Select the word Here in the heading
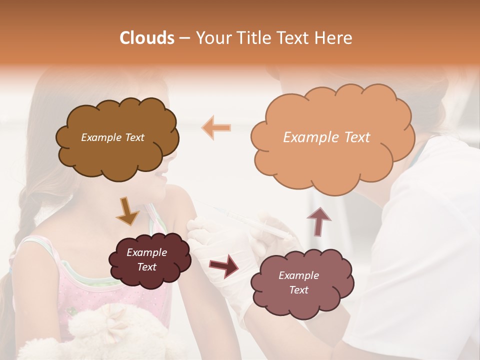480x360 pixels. coord(335,38)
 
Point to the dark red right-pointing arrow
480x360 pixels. coord(223,265)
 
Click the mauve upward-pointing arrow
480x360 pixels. coord(318,220)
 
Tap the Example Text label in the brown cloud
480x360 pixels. coord(112,137)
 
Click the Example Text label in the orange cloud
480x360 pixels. coord(326,137)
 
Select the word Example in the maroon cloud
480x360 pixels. coord(146,252)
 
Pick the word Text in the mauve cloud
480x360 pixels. coord(298,290)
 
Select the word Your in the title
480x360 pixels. coord(211,38)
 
